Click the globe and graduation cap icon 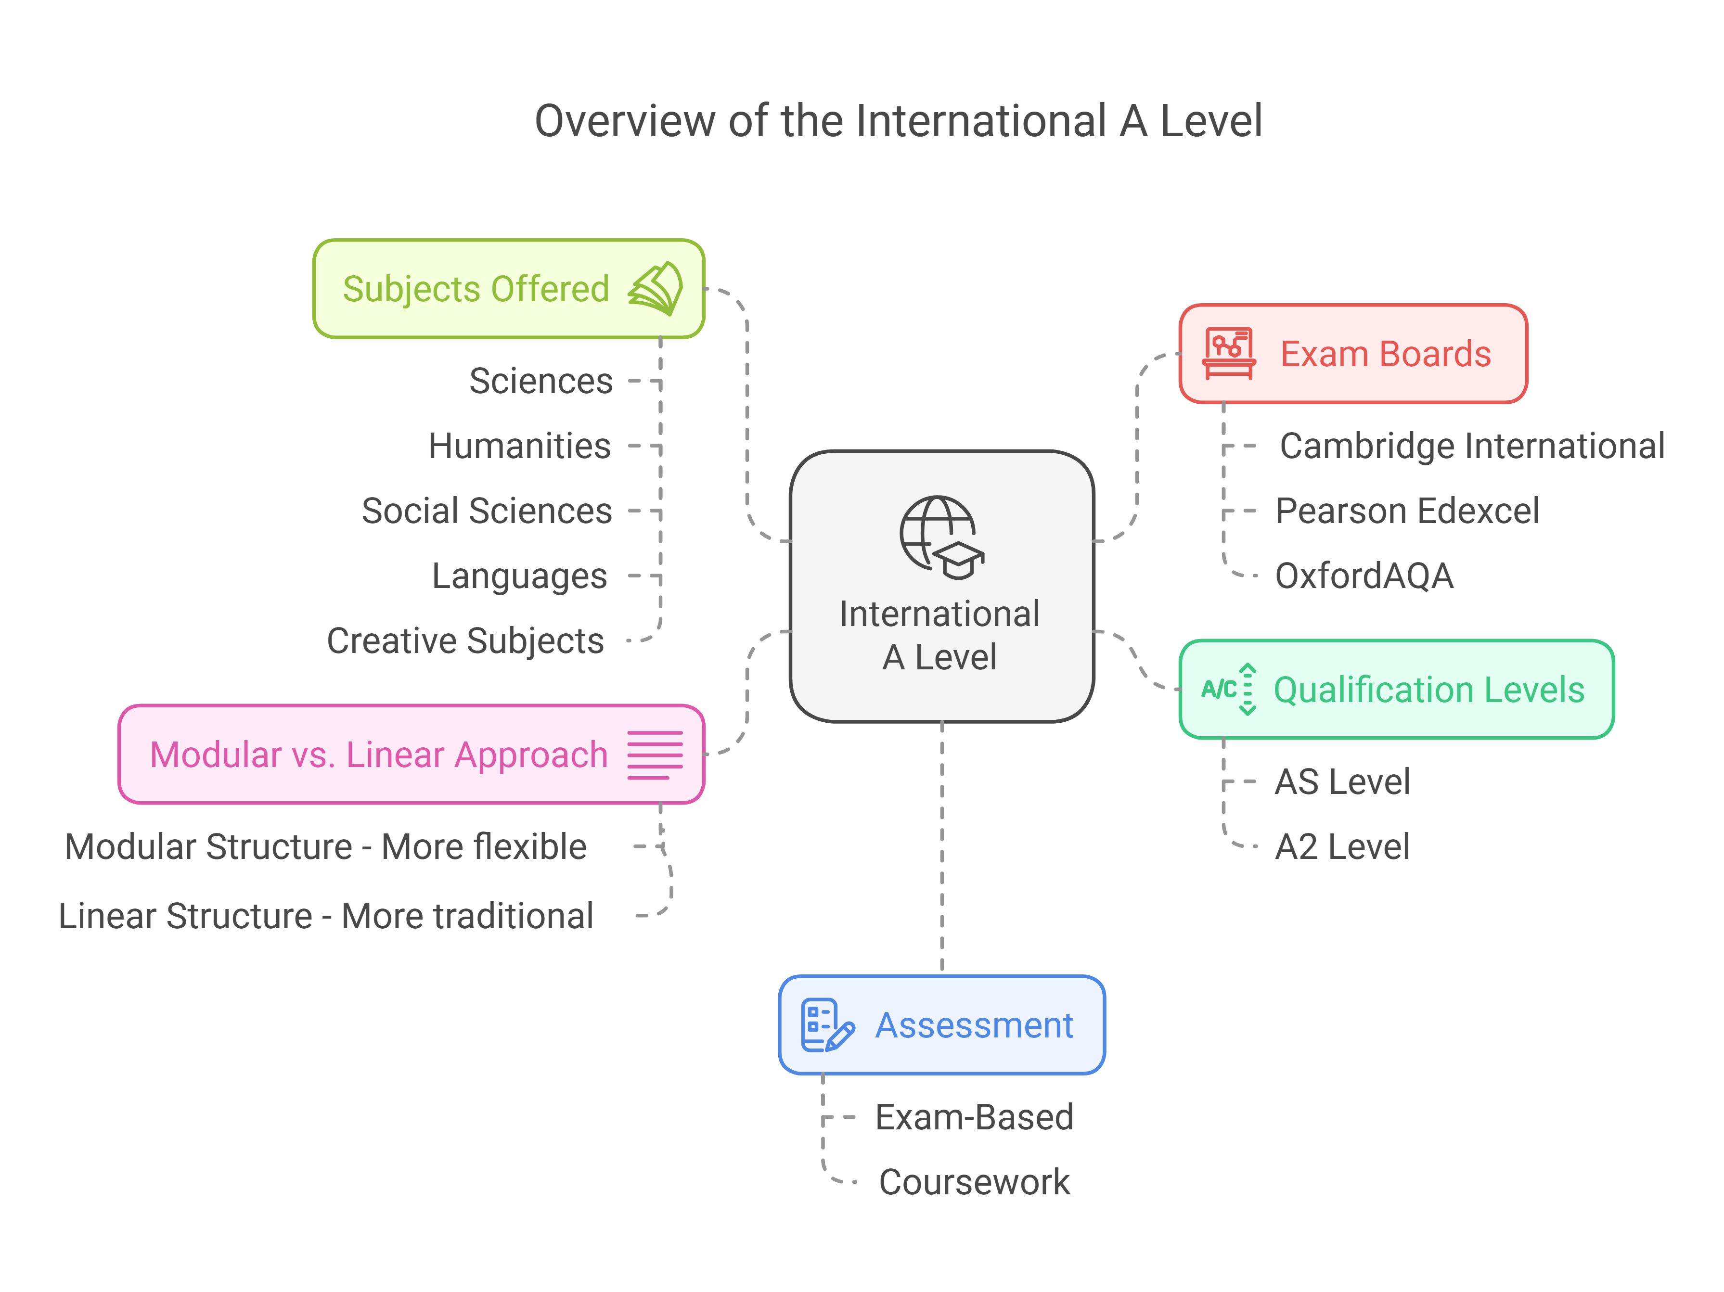click(941, 537)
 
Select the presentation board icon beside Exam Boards click(1229, 354)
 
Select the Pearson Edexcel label click(1407, 511)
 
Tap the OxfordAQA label click(1364, 576)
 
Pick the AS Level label click(1342, 781)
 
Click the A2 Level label click(1342, 847)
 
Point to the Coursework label click(974, 1182)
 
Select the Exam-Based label click(974, 1117)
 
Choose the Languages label click(519, 576)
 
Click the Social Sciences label click(486, 511)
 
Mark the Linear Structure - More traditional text click(326, 916)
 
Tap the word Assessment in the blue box click(974, 1025)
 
